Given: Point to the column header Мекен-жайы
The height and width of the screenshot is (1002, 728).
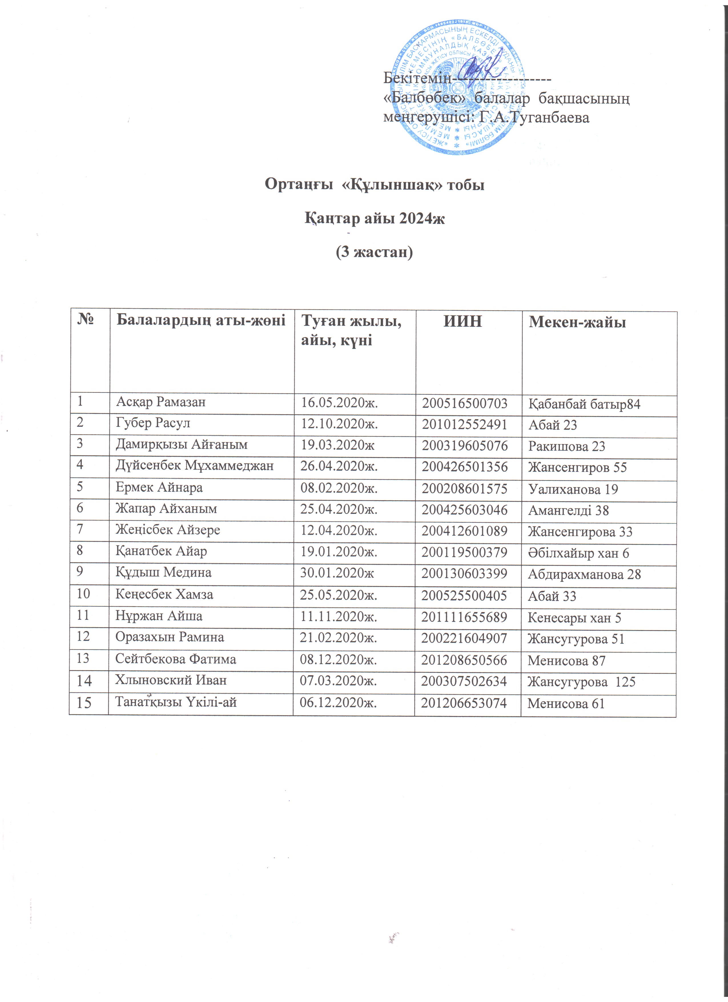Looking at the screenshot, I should coord(578,322).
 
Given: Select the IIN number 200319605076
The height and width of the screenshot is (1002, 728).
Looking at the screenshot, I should coord(464,446).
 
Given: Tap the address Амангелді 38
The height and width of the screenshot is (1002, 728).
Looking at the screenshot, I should coord(569,511).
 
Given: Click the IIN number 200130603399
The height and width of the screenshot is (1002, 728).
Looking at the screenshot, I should coord(464,574).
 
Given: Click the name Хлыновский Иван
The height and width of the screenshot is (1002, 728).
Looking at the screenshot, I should coord(171,680).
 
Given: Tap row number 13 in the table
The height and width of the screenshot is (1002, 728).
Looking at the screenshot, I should coord(83,659).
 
